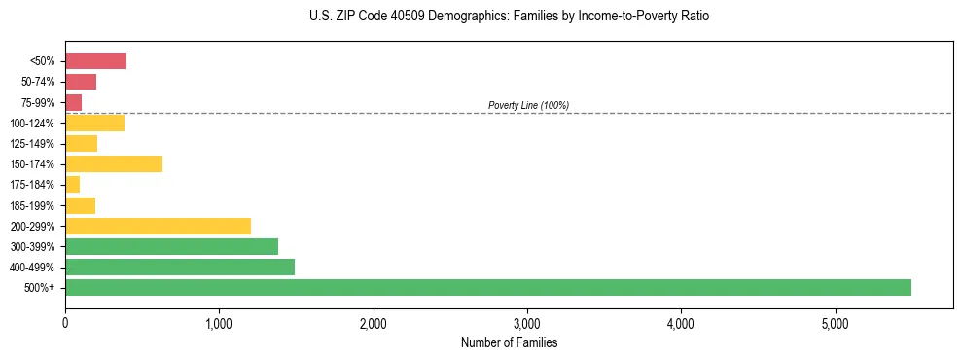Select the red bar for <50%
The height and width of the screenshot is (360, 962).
coord(95,61)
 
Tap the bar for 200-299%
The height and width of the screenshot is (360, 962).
coord(158,226)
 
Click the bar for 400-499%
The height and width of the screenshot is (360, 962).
coord(179,268)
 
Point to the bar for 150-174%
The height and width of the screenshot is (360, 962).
coord(114,164)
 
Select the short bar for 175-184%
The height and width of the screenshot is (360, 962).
coord(72,185)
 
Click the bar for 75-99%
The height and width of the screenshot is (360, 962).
coord(73,102)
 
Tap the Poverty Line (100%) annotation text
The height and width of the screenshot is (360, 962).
coord(528,105)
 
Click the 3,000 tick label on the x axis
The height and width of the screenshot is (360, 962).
coord(526,323)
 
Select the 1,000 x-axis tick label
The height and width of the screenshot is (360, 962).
coord(219,323)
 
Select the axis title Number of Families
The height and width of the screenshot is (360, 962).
coord(509,342)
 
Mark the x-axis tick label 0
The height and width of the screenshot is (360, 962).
coord(65,323)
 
